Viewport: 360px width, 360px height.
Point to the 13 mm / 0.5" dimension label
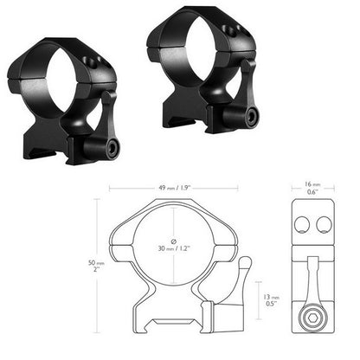point(273,299)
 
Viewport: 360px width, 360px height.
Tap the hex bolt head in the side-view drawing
point(310,318)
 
